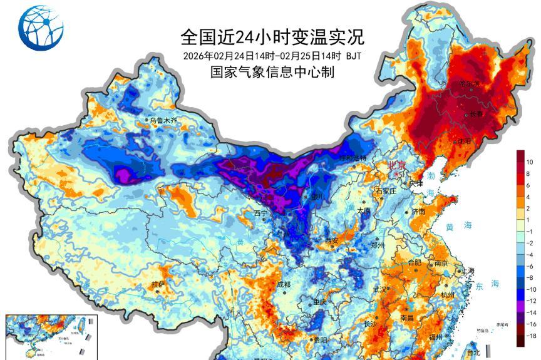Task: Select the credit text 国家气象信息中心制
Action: [x=272, y=72]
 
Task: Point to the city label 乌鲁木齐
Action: [x=162, y=120]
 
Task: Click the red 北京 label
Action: [x=397, y=166]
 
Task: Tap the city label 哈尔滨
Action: [x=469, y=83]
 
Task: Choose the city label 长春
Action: [x=477, y=114]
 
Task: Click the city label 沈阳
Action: [x=463, y=141]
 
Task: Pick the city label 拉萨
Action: [x=159, y=284]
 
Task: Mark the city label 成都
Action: [x=283, y=284]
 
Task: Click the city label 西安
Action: [x=332, y=240]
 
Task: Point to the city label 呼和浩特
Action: [x=352, y=158]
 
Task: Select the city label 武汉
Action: [x=379, y=289]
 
